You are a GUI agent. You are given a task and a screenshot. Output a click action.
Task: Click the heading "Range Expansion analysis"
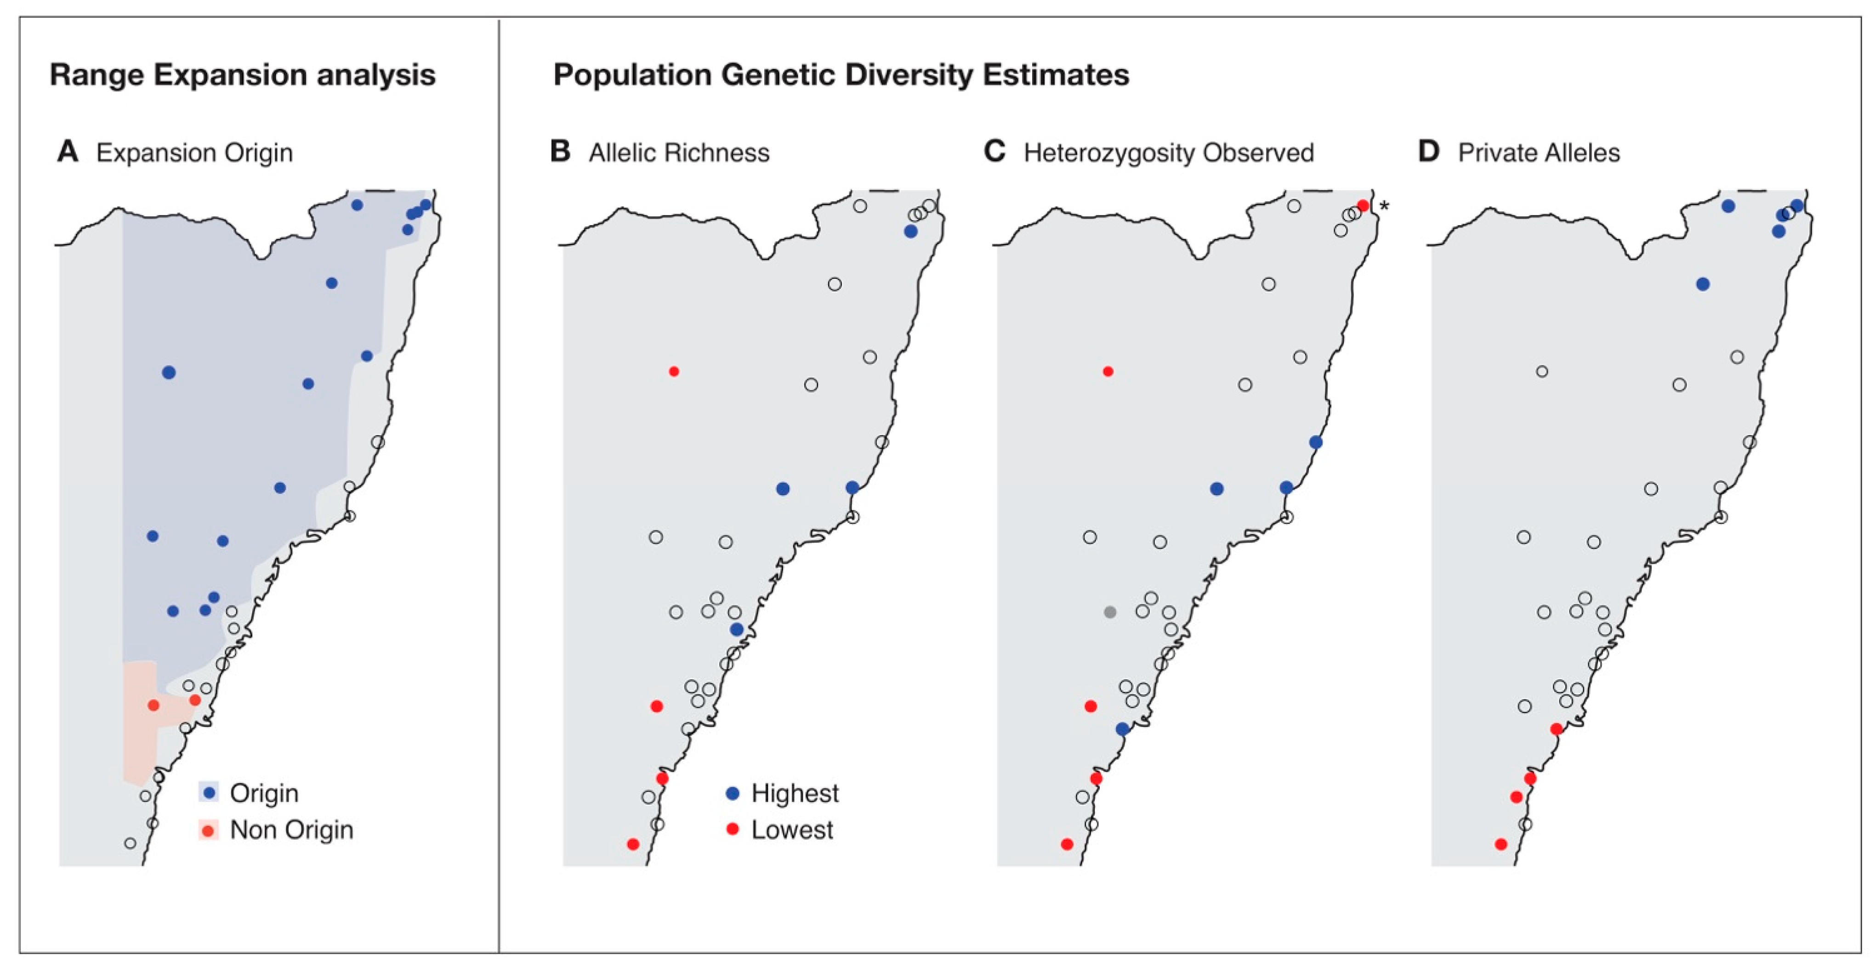[242, 75]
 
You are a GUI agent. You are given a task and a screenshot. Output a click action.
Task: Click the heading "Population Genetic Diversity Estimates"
[841, 75]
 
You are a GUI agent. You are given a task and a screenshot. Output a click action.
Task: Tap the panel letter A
[68, 152]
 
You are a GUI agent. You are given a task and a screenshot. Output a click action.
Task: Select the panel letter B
[560, 152]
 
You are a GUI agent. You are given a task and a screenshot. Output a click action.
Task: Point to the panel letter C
[994, 152]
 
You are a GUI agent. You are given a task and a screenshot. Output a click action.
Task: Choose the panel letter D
[1429, 152]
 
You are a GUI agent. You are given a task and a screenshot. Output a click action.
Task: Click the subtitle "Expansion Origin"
[194, 153]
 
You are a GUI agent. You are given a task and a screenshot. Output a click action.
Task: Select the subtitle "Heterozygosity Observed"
[1168, 153]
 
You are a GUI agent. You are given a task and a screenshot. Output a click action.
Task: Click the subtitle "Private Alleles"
[1539, 153]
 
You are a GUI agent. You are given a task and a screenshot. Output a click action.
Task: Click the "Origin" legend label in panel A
[263, 793]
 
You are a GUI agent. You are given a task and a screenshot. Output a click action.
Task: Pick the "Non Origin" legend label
[291, 830]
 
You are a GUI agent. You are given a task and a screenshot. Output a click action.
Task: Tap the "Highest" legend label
[795, 793]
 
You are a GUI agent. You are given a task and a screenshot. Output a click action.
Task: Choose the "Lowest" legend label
[792, 830]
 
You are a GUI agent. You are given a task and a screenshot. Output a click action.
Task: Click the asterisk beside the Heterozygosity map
[1384, 207]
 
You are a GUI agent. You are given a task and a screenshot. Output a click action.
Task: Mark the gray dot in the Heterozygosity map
[1110, 612]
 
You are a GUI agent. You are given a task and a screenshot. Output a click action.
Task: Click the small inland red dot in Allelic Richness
[674, 372]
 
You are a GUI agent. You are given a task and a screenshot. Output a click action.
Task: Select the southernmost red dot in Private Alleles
[1501, 844]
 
